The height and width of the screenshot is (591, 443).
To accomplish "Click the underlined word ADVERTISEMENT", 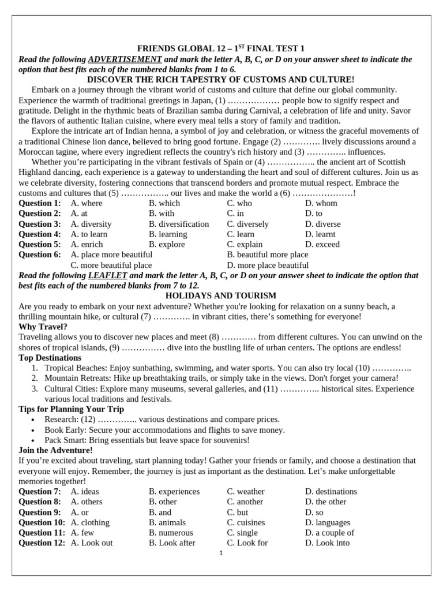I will pos(125,59).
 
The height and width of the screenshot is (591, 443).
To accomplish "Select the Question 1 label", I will pos(39,203).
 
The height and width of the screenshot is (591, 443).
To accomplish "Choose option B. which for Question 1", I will pos(164,203).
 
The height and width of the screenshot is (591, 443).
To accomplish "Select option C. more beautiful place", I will pos(111,265).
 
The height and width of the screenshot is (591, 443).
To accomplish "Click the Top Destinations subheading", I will pos(50,358).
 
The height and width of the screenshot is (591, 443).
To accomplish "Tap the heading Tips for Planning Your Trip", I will pos(71,409).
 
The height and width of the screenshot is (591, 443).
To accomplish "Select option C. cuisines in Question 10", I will pos(246,522).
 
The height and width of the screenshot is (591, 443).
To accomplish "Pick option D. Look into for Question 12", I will pos(327,543).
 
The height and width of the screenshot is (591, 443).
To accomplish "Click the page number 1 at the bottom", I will pos(221,553).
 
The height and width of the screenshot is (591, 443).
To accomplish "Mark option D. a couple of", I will pos(329,533).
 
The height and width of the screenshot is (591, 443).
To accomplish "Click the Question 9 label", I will pos(39,512).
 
